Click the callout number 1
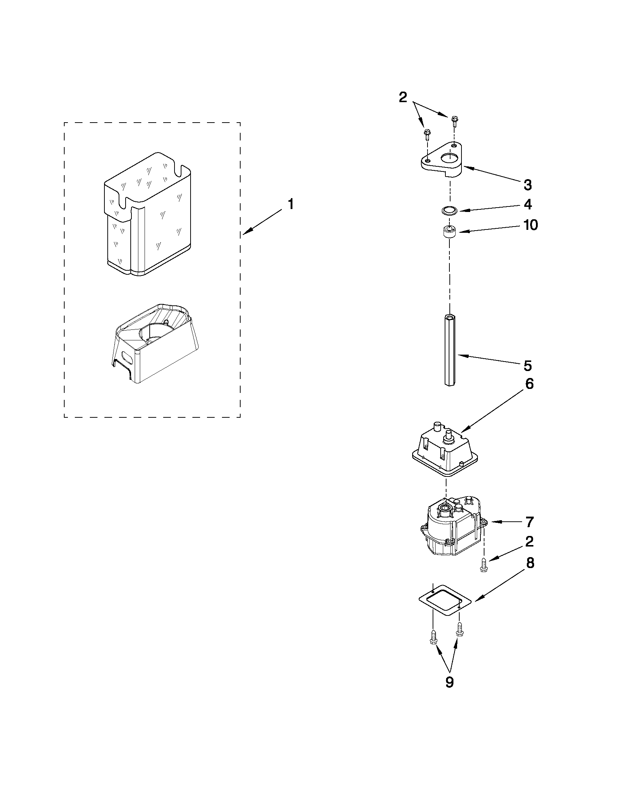(291, 204)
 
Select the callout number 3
(528, 185)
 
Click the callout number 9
(449, 682)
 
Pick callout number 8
(530, 563)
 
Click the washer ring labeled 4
(449, 211)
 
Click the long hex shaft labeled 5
(449, 349)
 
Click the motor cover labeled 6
(445, 452)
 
